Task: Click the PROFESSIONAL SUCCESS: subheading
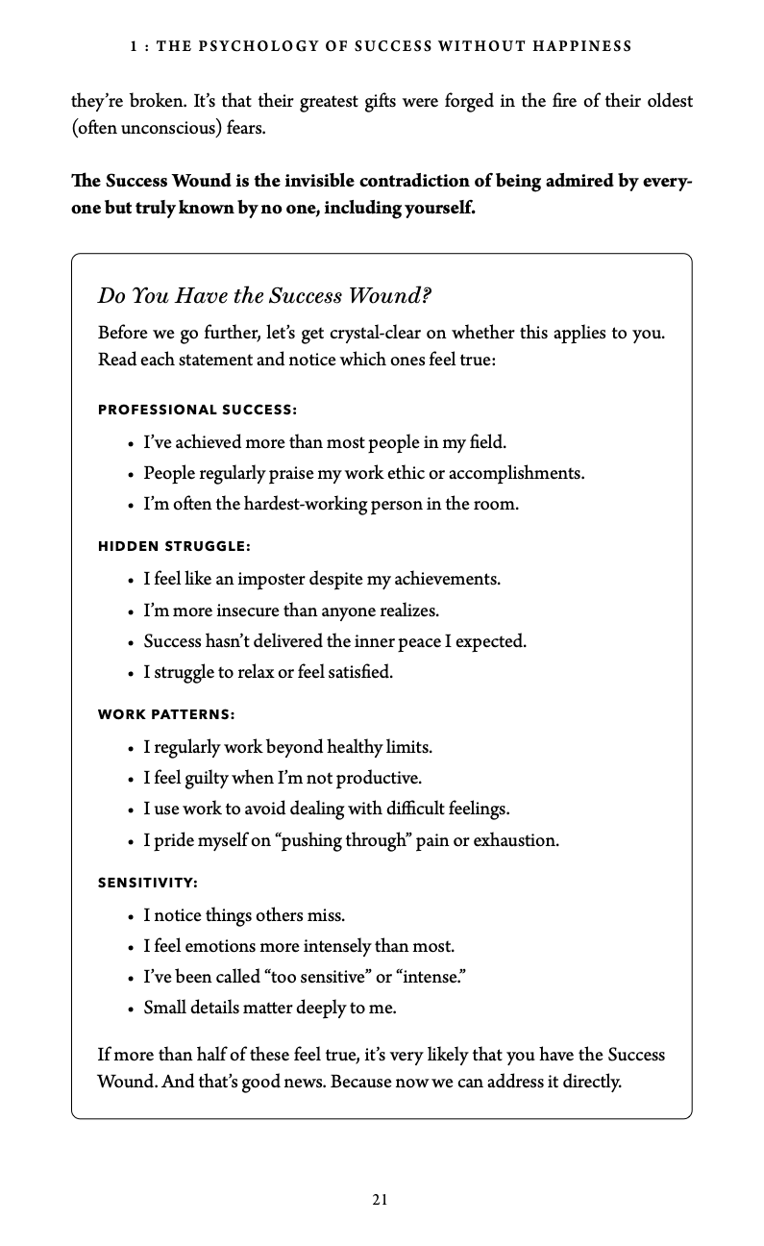tap(197, 410)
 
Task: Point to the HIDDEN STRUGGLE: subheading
tap(174, 546)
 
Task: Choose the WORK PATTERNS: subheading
tap(166, 714)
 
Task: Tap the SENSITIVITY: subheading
tap(148, 882)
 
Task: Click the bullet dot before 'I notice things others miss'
tap(130, 916)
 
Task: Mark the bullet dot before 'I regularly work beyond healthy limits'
tap(130, 748)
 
